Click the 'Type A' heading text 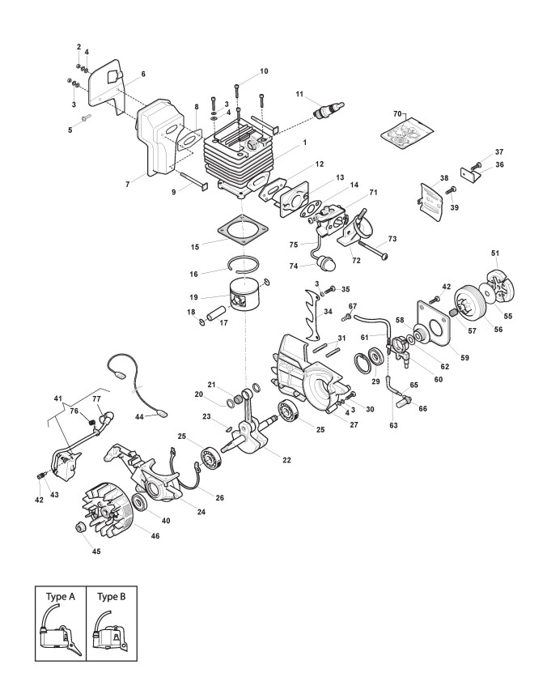61,596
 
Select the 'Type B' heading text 112,596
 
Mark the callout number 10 264,71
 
